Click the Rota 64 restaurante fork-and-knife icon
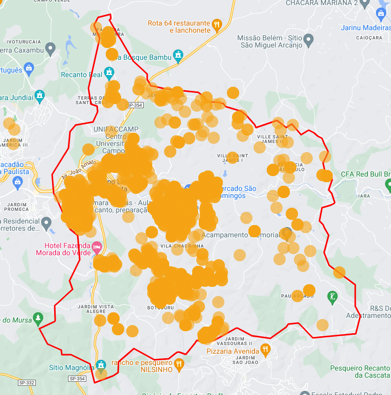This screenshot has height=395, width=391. click(x=217, y=24)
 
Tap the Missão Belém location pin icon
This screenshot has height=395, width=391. click(x=308, y=39)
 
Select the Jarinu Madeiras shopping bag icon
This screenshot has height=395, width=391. click(x=381, y=13)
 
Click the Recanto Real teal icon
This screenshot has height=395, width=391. click(x=109, y=71)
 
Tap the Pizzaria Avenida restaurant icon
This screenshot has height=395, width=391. click(x=265, y=350)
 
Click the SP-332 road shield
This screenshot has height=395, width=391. click(x=27, y=382)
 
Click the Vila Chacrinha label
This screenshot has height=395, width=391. click(x=178, y=246)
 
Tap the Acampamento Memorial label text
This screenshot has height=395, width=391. click(x=240, y=235)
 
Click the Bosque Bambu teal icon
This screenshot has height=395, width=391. click(x=178, y=54)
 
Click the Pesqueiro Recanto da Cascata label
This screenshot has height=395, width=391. click(x=360, y=371)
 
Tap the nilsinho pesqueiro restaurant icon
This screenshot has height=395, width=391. click(x=178, y=364)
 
